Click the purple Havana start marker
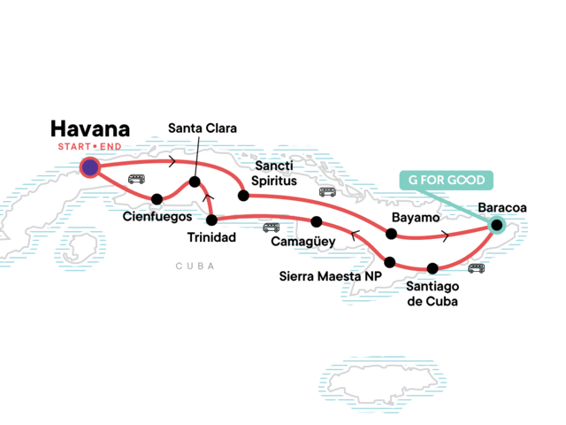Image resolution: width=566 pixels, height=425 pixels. [89, 166]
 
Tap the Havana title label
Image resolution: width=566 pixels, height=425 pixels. [90, 128]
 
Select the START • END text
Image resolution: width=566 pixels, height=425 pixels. [88, 146]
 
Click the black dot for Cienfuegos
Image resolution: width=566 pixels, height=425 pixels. [157, 198]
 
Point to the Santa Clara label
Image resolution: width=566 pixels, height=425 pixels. [203, 128]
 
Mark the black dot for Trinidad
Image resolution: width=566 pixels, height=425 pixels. [211, 220]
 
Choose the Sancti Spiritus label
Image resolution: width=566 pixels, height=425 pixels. [274, 174]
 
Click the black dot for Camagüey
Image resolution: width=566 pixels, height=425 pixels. [317, 220]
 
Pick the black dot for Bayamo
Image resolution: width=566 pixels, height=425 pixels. [390, 234]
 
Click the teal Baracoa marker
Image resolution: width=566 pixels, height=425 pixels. [495, 225]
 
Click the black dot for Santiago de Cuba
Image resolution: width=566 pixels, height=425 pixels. [432, 268]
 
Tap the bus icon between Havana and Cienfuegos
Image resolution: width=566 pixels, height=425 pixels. [137, 179]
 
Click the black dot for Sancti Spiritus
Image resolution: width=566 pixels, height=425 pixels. [241, 195]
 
